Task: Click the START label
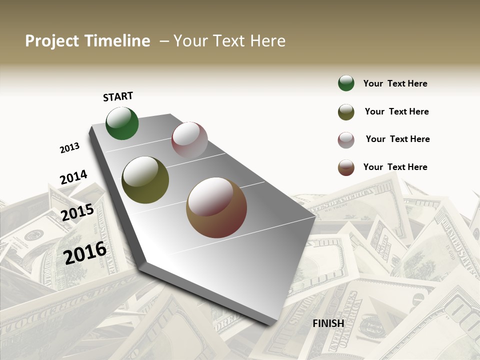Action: pos(118,96)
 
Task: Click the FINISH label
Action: pos(328,323)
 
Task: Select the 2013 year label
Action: pos(69,148)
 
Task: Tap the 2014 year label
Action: pos(73,177)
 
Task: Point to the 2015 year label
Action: pos(77,212)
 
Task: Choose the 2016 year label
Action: pos(85,252)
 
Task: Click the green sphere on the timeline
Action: pos(122,123)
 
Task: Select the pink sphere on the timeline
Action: pos(189,140)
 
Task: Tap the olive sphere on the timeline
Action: pos(145,180)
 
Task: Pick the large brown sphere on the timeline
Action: pos(216,207)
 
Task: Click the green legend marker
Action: pos(346,83)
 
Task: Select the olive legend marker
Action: pos(346,112)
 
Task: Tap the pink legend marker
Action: pos(346,140)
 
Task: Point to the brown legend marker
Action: pos(346,167)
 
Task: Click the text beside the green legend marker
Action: pos(395,83)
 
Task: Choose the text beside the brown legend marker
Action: pos(395,167)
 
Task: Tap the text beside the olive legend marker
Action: pos(396,111)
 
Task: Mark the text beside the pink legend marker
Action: pos(397,139)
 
